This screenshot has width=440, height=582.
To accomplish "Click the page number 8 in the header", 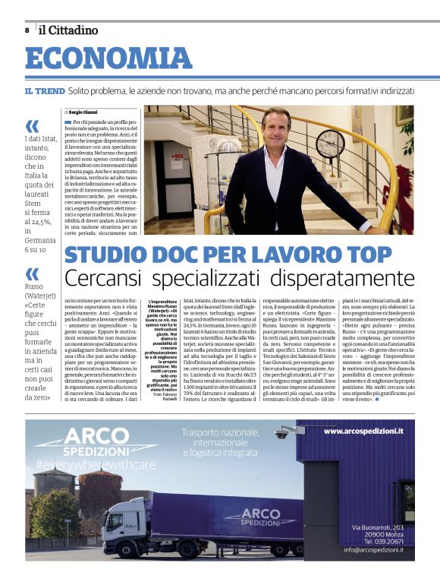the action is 27,30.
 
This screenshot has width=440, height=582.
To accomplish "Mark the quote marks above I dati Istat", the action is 31,126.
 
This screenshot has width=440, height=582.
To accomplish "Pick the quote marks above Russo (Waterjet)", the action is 31,273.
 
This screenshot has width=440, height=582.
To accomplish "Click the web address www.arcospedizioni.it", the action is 363,431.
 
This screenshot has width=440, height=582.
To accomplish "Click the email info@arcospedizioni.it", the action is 376,550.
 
